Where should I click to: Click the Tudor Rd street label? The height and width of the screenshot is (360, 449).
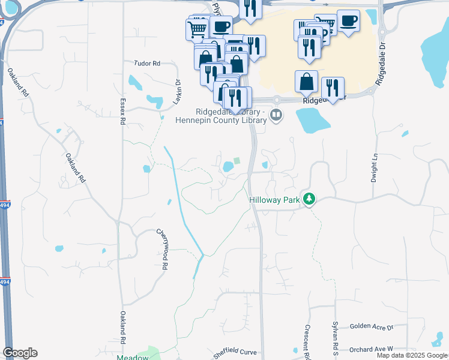[x=148, y=63]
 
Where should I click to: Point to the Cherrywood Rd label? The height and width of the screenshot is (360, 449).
[x=160, y=248]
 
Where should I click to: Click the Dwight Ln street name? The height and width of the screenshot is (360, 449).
[x=374, y=167]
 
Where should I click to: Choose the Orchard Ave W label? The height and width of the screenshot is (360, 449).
[x=370, y=349]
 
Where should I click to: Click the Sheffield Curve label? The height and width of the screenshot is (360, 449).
[x=236, y=352]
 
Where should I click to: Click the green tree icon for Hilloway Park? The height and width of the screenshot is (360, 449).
[x=309, y=198]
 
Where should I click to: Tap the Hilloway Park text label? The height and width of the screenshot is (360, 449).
[x=275, y=198]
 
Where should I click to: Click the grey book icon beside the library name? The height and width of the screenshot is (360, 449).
[x=276, y=115]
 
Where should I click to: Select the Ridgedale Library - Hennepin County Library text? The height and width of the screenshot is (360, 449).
[x=220, y=116]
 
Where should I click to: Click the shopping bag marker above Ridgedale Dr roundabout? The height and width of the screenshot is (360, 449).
[x=306, y=81]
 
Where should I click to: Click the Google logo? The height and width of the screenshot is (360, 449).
[x=20, y=353]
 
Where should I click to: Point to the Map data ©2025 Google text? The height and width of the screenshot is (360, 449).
[x=412, y=355]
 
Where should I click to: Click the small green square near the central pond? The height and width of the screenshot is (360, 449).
[x=237, y=160]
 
